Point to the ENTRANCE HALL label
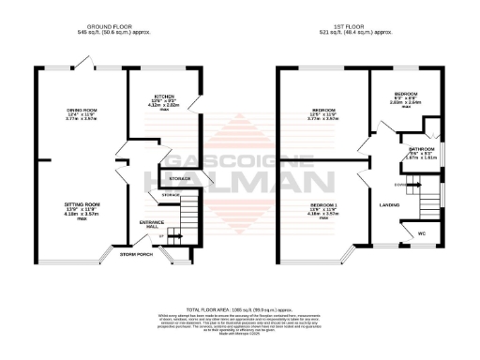(x=152, y=223)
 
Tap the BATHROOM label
(x=419, y=148)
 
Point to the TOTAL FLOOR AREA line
(x=238, y=308)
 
